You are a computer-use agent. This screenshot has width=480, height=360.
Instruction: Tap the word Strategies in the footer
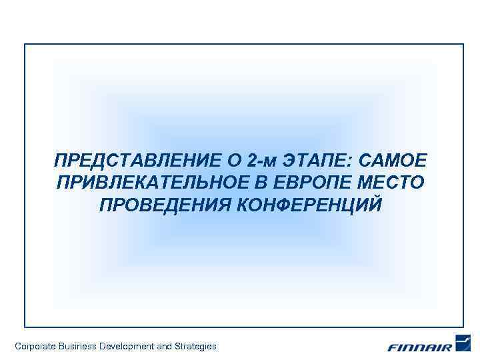tap(195, 346)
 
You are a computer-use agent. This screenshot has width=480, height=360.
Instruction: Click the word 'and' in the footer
tap(164, 346)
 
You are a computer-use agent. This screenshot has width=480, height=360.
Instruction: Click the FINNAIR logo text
tap(419, 347)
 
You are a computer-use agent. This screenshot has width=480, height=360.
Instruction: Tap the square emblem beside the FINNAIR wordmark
tap(463, 343)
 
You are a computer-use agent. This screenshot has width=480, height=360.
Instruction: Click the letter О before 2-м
tap(235, 161)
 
